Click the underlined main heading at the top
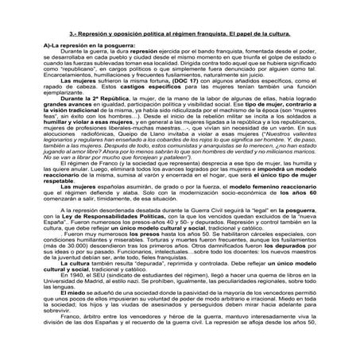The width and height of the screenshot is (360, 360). coord(180,37)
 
